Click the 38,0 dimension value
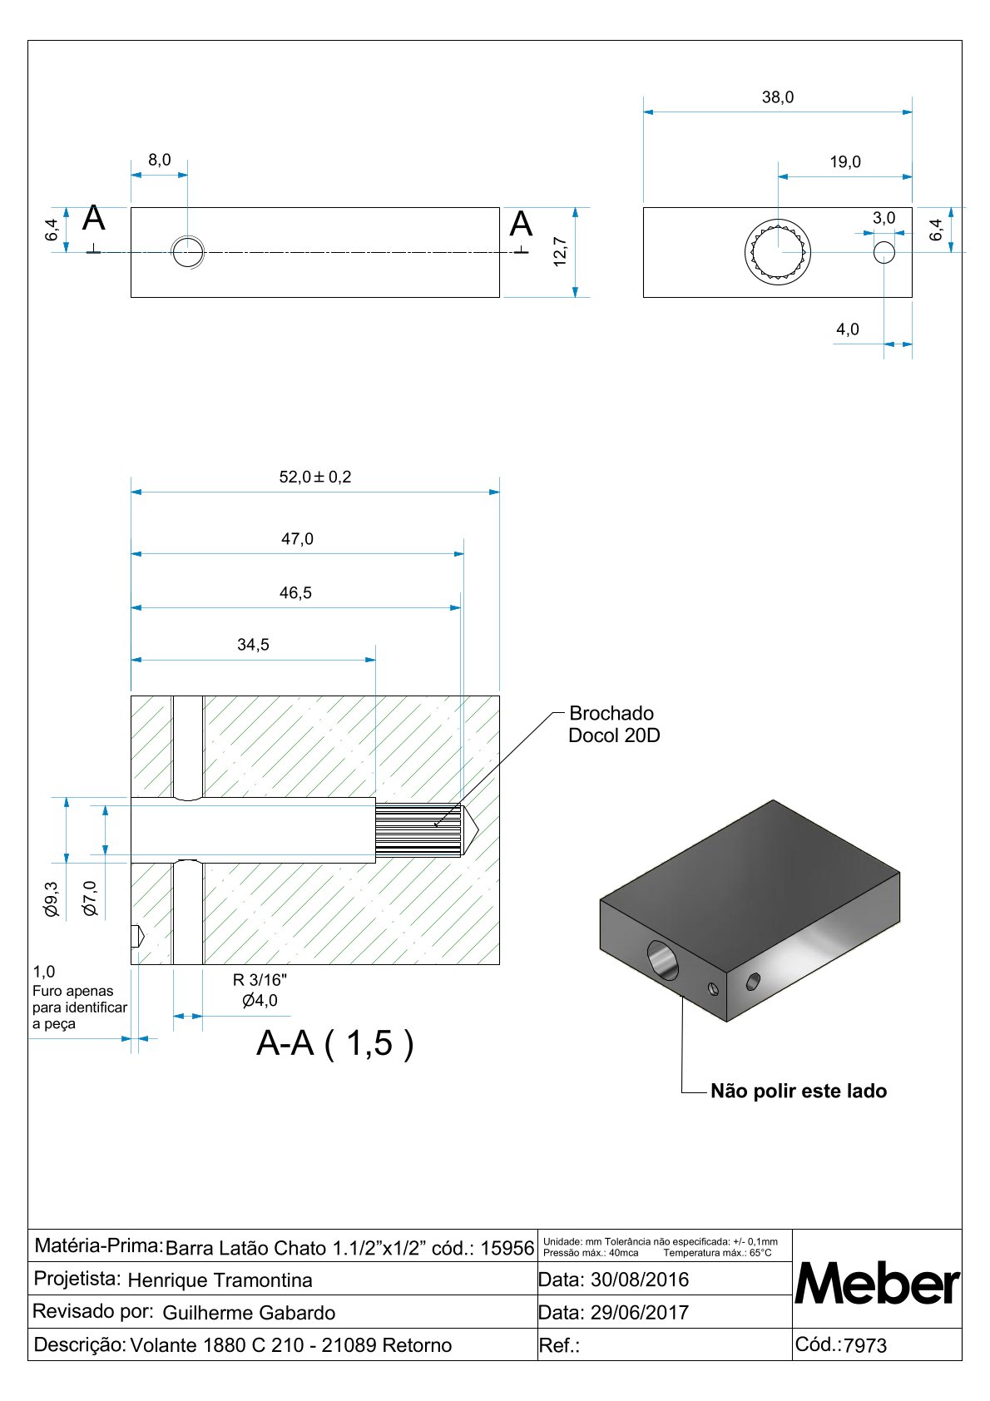(778, 97)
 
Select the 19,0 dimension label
(844, 162)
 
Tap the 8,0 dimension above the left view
(159, 160)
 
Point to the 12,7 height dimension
(560, 251)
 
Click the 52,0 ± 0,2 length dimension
(314, 477)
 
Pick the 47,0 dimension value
(297, 539)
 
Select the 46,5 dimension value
(295, 593)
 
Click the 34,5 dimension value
(253, 645)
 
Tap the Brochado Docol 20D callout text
(613, 724)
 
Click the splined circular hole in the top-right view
(777, 250)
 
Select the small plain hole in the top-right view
(884, 251)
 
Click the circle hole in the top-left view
(188, 251)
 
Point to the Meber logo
(876, 1284)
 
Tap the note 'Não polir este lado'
(798, 1091)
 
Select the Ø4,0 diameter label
(260, 1001)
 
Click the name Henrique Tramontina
(220, 1280)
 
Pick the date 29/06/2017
(639, 1313)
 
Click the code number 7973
(865, 1345)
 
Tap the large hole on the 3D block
(662, 960)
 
